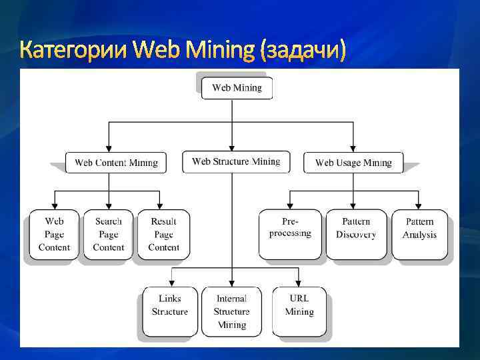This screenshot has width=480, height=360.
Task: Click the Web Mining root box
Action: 237,88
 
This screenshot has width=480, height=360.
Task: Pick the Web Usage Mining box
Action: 353,163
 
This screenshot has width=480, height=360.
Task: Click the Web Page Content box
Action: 54,235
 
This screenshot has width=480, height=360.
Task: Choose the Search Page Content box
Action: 108,235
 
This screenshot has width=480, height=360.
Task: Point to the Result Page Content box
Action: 163,235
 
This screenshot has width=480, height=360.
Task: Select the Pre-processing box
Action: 290,234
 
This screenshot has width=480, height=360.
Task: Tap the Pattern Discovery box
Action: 355,234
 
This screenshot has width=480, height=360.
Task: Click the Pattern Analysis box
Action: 419,234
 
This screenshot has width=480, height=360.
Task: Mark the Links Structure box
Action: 170,311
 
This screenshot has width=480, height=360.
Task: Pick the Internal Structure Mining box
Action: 231,311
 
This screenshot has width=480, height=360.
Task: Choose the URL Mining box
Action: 299,311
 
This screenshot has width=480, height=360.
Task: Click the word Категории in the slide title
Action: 74,50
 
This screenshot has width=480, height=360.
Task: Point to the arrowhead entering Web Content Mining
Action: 109,149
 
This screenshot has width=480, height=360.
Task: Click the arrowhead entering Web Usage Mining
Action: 354,149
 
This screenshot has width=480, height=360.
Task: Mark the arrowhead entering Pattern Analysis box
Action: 418,206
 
